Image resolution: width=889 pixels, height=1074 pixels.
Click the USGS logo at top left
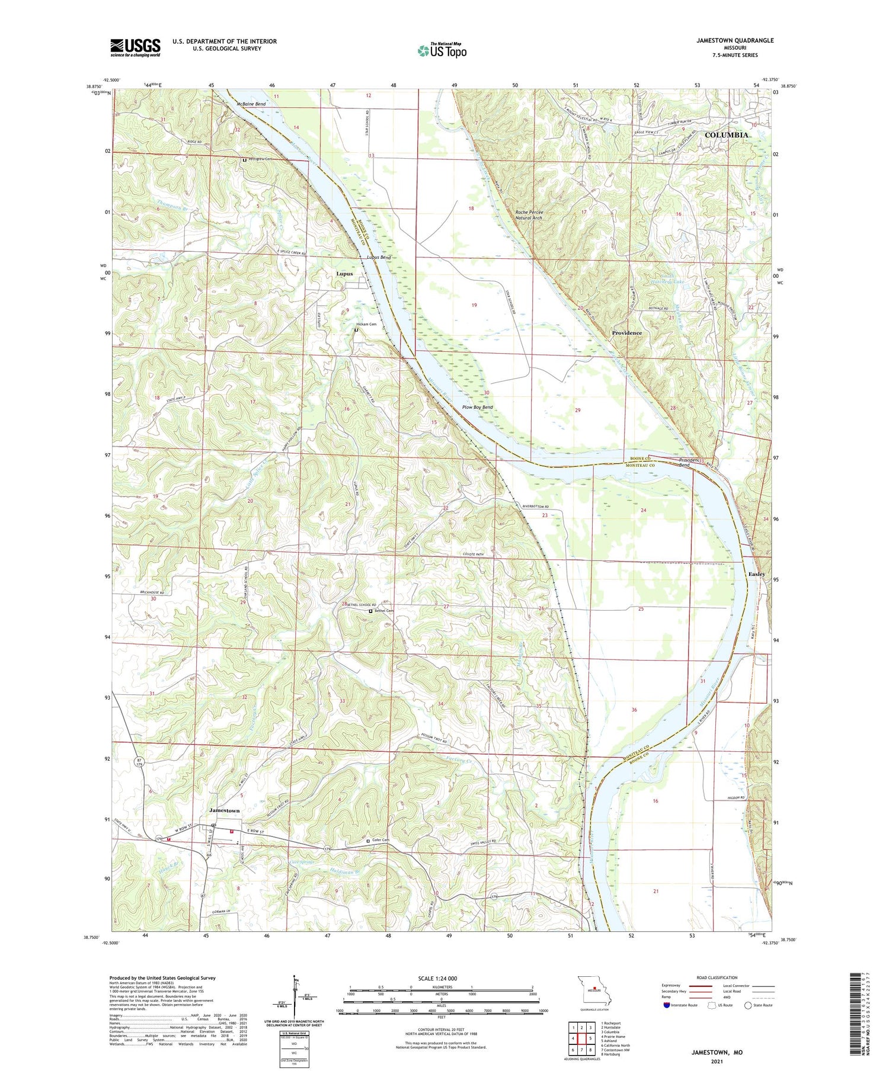pyautogui.click(x=135, y=47)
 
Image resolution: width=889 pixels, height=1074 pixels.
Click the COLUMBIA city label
pyautogui.click(x=726, y=135)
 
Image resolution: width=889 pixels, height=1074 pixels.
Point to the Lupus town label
pyautogui.click(x=344, y=274)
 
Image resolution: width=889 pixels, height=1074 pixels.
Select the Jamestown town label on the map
pyautogui.click(x=225, y=810)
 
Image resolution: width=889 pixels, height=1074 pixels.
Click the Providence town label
pyautogui.click(x=626, y=333)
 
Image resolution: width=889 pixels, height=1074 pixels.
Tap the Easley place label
pyautogui.click(x=756, y=574)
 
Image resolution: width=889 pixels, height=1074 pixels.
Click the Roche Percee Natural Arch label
pyautogui.click(x=529, y=215)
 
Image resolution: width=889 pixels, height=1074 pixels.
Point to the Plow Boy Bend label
pyautogui.click(x=478, y=408)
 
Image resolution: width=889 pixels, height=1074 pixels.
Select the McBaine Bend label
pyautogui.click(x=251, y=104)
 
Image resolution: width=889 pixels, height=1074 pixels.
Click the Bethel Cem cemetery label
pyautogui.click(x=383, y=611)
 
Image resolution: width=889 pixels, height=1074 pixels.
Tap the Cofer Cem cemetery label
pyautogui.click(x=380, y=840)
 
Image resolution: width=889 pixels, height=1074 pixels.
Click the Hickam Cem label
pyautogui.click(x=366, y=325)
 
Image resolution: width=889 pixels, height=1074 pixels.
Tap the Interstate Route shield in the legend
pyautogui.click(x=667, y=1005)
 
